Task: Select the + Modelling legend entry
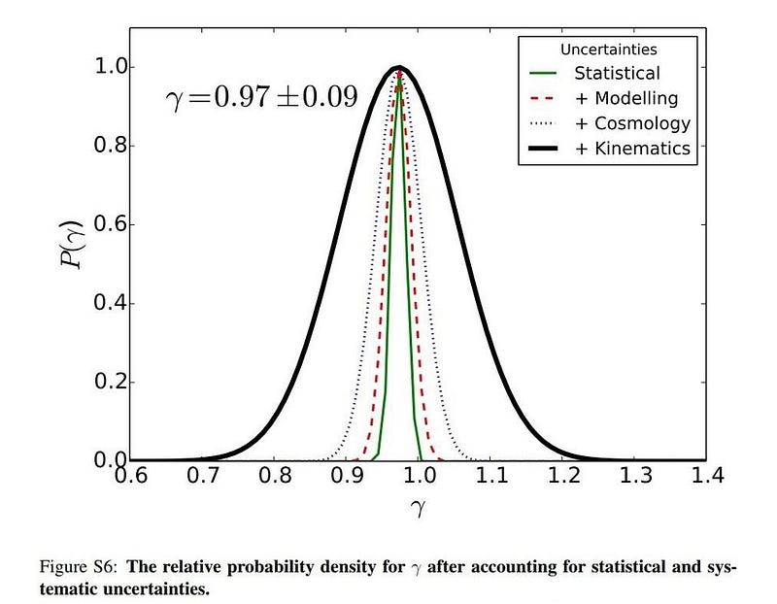point(625,98)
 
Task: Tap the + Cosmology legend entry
point(632,123)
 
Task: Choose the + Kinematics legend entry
point(632,149)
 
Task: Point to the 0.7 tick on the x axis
point(201,476)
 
